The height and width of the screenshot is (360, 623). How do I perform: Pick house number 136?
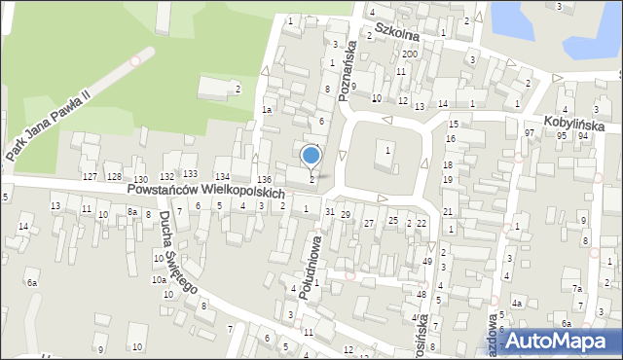pyautogui.click(x=264, y=180)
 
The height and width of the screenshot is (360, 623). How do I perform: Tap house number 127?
pyautogui.click(x=90, y=176)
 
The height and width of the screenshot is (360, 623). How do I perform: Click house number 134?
pyautogui.click(x=222, y=174)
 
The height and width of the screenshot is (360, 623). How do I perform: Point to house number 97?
pyautogui.click(x=530, y=132)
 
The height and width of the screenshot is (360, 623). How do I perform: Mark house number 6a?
pyautogui.click(x=32, y=282)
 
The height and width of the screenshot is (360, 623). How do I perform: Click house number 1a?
pyautogui.click(x=265, y=111)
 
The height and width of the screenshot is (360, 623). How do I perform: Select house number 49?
pyautogui.click(x=427, y=261)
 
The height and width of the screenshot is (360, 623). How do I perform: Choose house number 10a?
pyautogui.click(x=158, y=280)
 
